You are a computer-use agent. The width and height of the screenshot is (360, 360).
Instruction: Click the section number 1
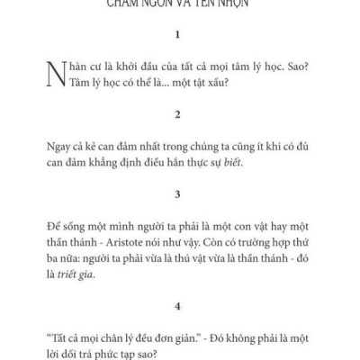179,38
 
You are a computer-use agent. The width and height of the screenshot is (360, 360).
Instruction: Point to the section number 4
179,304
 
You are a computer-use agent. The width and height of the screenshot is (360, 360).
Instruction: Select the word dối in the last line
76,350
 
